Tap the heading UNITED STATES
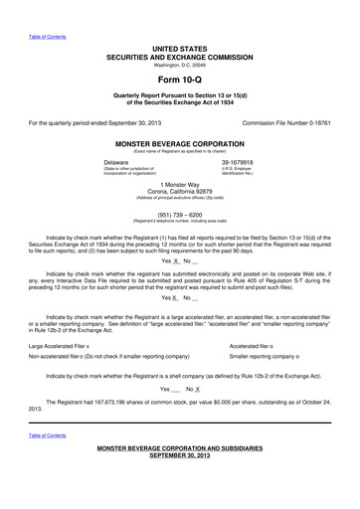click(179, 48)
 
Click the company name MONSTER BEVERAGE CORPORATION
click(179, 143)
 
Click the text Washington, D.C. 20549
click(179, 64)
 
